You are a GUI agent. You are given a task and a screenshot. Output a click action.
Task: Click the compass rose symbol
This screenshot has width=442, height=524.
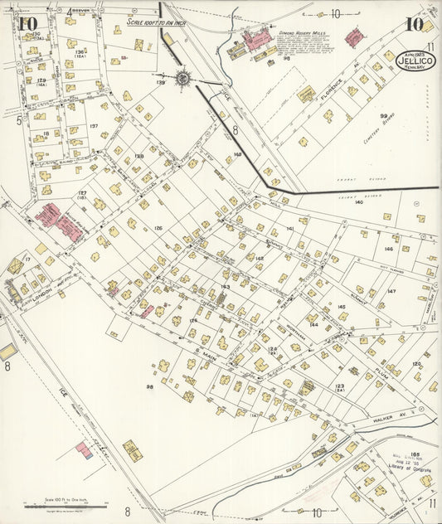click(182, 79)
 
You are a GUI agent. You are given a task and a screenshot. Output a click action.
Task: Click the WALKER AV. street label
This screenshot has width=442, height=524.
click(387, 420)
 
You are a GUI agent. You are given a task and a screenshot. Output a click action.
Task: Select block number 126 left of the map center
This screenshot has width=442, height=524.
click(158, 228)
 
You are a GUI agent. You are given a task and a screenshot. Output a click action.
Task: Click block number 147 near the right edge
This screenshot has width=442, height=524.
click(391, 291)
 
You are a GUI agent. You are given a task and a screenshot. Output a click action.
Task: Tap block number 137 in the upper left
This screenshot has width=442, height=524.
click(94, 126)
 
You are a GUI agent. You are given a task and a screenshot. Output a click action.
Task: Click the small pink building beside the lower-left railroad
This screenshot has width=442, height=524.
click(83, 450)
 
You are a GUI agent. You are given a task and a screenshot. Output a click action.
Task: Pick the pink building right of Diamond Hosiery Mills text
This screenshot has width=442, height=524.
click(354, 37)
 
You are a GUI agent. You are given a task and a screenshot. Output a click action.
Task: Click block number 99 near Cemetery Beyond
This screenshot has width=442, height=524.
click(384, 117)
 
